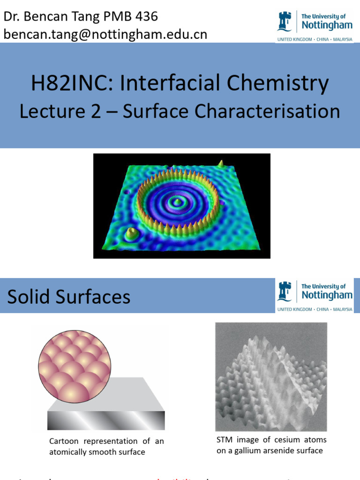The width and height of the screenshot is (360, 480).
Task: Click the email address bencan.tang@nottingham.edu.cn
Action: pyautogui.click(x=105, y=35)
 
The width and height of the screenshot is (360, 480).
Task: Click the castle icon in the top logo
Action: pyautogui.click(x=285, y=22)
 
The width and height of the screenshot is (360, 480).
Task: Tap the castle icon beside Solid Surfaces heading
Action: pyautogui.click(x=285, y=291)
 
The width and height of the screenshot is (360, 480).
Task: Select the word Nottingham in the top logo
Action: pyautogui.click(x=327, y=25)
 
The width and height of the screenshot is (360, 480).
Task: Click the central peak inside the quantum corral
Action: pyautogui.click(x=177, y=202)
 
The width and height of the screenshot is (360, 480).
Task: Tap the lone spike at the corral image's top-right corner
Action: pyautogui.click(x=220, y=163)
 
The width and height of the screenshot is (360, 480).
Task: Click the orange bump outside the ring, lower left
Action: pyautogui.click(x=132, y=232)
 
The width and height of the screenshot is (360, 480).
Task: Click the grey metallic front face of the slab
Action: pyautogui.click(x=106, y=420)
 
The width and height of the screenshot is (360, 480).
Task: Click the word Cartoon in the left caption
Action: pyautogui.click(x=64, y=441)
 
